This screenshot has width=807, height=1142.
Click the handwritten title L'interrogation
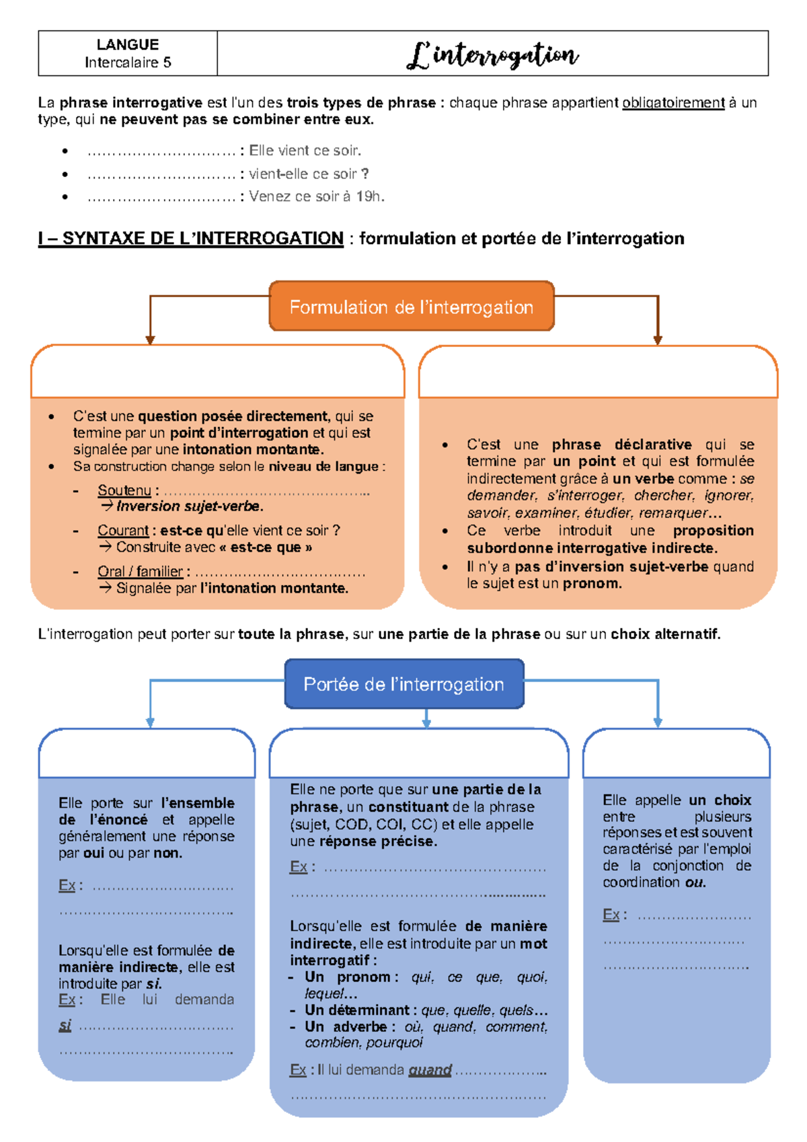[492, 55]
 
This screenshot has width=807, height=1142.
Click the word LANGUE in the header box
[128, 44]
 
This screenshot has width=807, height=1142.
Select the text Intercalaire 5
[128, 63]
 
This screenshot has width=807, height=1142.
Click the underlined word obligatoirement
[673, 103]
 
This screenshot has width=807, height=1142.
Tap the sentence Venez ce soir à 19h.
[317, 196]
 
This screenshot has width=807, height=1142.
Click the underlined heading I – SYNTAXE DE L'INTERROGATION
[191, 239]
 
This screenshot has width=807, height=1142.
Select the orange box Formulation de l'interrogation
[412, 307]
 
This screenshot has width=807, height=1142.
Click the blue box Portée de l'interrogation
[403, 685]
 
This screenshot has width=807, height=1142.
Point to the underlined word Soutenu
[124, 490]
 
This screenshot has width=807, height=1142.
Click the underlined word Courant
[123, 531]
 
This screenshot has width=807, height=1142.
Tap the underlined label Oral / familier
[140, 572]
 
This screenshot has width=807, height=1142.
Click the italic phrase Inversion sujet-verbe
[190, 506]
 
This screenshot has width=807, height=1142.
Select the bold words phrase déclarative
[621, 445]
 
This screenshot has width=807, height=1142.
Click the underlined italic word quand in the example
[430, 1070]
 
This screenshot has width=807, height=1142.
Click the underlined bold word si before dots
[65, 1026]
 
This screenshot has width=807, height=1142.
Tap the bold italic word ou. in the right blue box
[695, 882]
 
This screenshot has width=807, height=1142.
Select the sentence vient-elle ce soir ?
[309, 174]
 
